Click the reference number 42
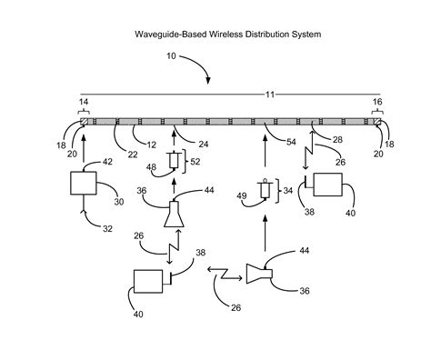pos(106,161)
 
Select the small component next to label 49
pos(265,190)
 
